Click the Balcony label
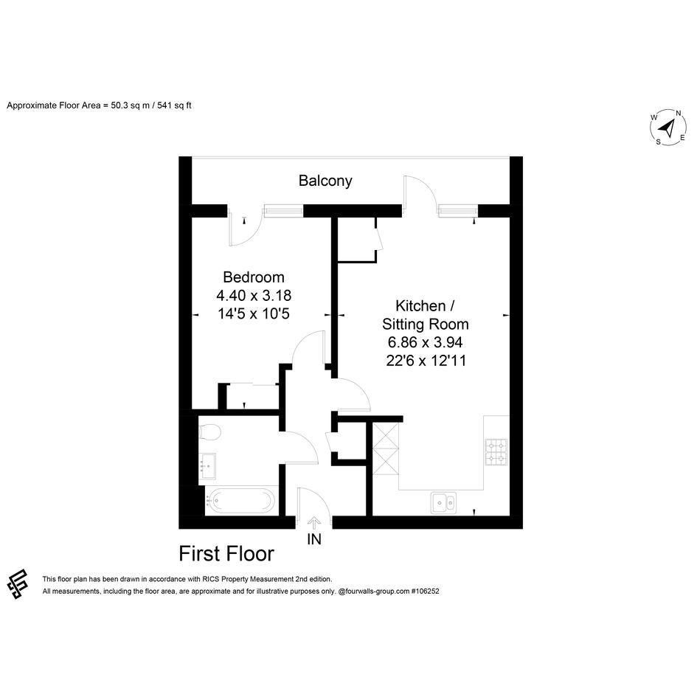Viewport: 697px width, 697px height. (x=325, y=181)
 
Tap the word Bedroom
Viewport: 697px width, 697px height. (x=254, y=277)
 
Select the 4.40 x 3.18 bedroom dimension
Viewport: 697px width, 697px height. (x=254, y=295)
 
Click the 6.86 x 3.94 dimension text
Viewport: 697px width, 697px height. (x=426, y=342)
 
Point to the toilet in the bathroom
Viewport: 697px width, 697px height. (x=209, y=431)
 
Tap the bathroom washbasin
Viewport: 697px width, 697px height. (x=207, y=466)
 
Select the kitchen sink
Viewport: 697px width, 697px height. (x=443, y=503)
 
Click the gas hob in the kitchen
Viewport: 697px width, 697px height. (x=496, y=452)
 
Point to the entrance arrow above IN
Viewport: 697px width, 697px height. (x=314, y=524)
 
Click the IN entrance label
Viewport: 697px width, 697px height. (x=314, y=539)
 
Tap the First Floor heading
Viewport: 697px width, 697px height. (x=226, y=554)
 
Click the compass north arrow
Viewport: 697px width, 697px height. (x=667, y=128)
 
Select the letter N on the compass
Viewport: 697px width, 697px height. (x=679, y=113)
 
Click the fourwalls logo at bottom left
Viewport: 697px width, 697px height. (x=18, y=584)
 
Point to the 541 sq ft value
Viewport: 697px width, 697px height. (x=175, y=105)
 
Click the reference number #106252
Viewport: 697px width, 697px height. (x=425, y=592)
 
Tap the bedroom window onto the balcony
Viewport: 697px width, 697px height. (x=283, y=210)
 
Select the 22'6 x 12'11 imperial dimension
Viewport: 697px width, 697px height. (x=426, y=361)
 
